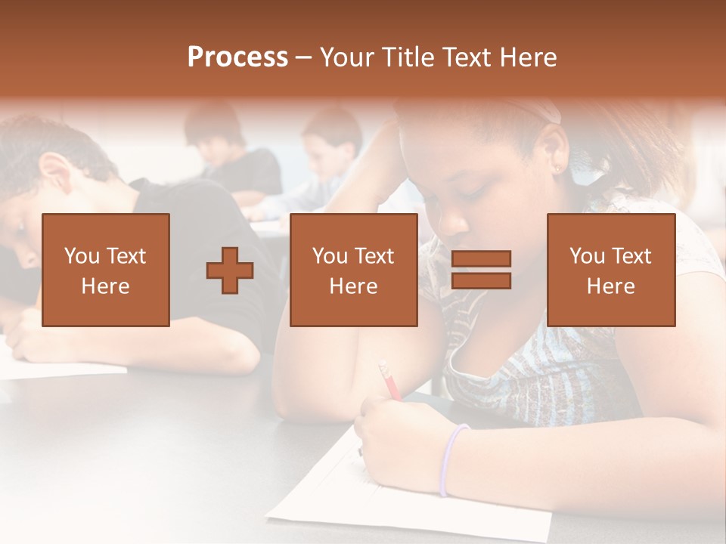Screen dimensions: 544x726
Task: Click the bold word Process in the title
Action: (237, 57)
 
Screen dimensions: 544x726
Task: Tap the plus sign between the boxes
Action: (230, 270)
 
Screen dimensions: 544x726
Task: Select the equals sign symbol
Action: (481, 270)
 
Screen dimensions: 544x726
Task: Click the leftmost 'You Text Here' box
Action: (106, 270)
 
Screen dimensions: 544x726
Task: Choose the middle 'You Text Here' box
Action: (353, 270)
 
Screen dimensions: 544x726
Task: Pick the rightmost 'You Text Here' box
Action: (610, 270)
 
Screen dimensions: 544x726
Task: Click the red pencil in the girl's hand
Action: (390, 381)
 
